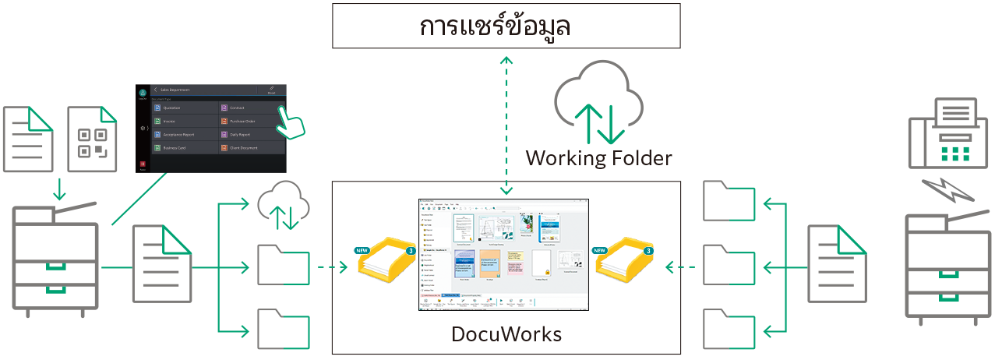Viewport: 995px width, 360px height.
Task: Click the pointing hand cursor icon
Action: (291, 120)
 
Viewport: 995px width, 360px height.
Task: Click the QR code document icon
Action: (92, 140)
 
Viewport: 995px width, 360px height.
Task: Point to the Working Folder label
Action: (598, 159)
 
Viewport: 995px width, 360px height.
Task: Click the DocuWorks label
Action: (506, 335)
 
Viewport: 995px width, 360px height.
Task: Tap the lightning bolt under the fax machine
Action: (945, 191)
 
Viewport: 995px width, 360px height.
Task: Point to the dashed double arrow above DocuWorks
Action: (507, 125)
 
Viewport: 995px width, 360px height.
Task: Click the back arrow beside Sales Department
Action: (155, 90)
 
